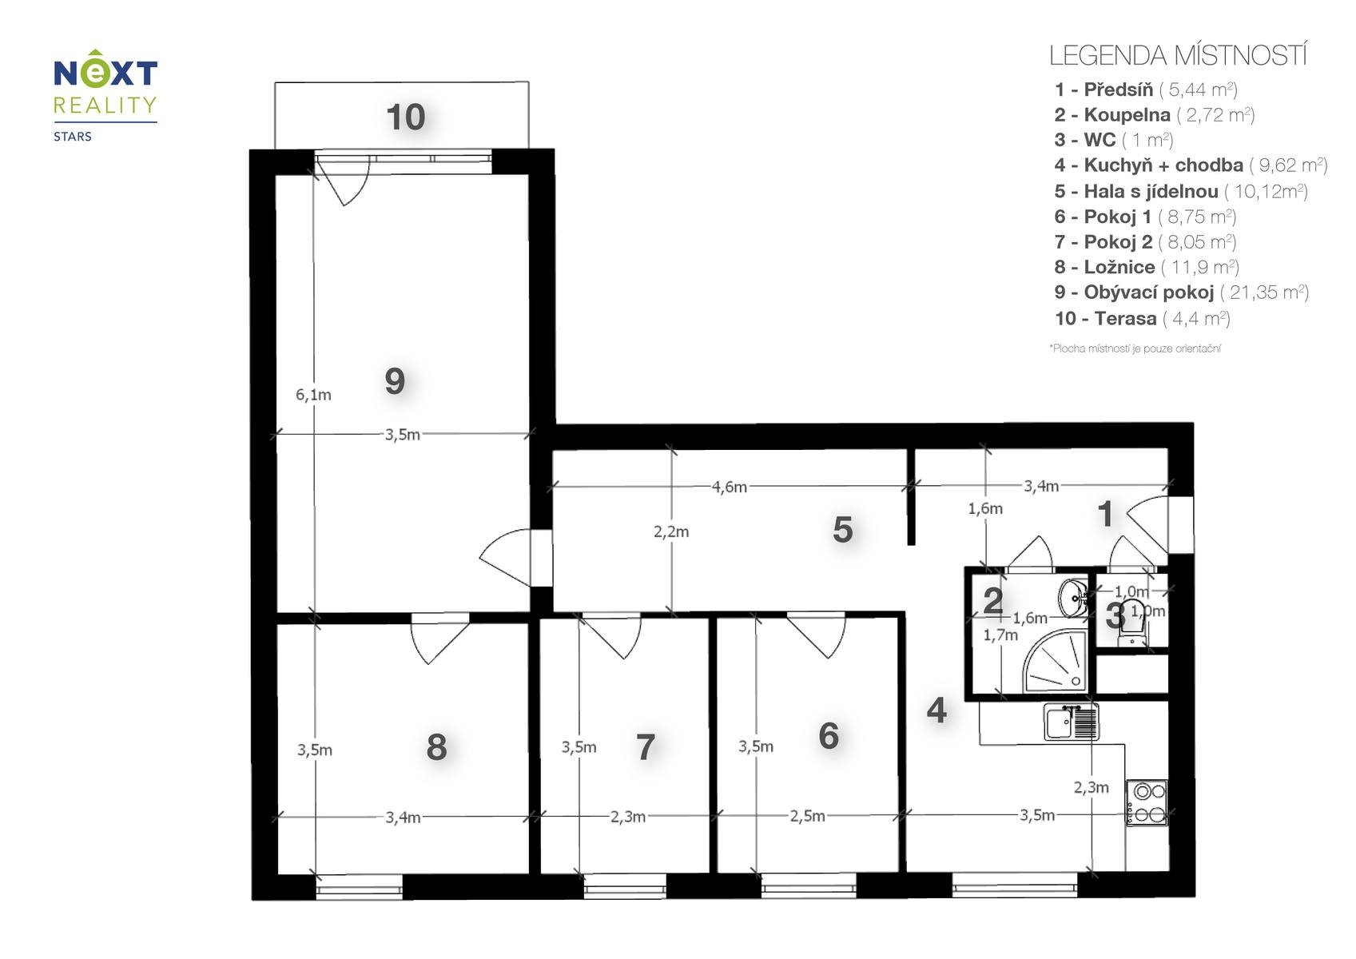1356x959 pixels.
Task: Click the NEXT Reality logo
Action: [105, 94]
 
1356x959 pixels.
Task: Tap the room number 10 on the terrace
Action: [406, 117]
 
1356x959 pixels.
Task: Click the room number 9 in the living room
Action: [395, 381]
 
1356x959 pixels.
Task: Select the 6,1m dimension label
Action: [313, 395]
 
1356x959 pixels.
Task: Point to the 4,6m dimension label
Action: [729, 487]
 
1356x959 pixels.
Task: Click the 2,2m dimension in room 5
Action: [670, 531]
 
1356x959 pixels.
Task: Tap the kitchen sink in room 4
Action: [1071, 721]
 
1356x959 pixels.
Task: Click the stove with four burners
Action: [1147, 802]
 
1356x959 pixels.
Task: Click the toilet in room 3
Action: [1131, 623]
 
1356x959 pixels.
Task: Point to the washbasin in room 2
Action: [1072, 598]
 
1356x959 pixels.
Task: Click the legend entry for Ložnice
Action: [1147, 267]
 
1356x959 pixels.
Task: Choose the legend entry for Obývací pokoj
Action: [1181, 292]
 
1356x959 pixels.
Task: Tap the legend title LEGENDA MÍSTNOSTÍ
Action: [1178, 55]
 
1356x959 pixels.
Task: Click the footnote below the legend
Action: [1135, 348]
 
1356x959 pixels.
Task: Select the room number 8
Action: [436, 747]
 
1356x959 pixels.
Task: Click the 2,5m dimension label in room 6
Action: [807, 816]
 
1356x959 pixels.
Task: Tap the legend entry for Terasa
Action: [1143, 318]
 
